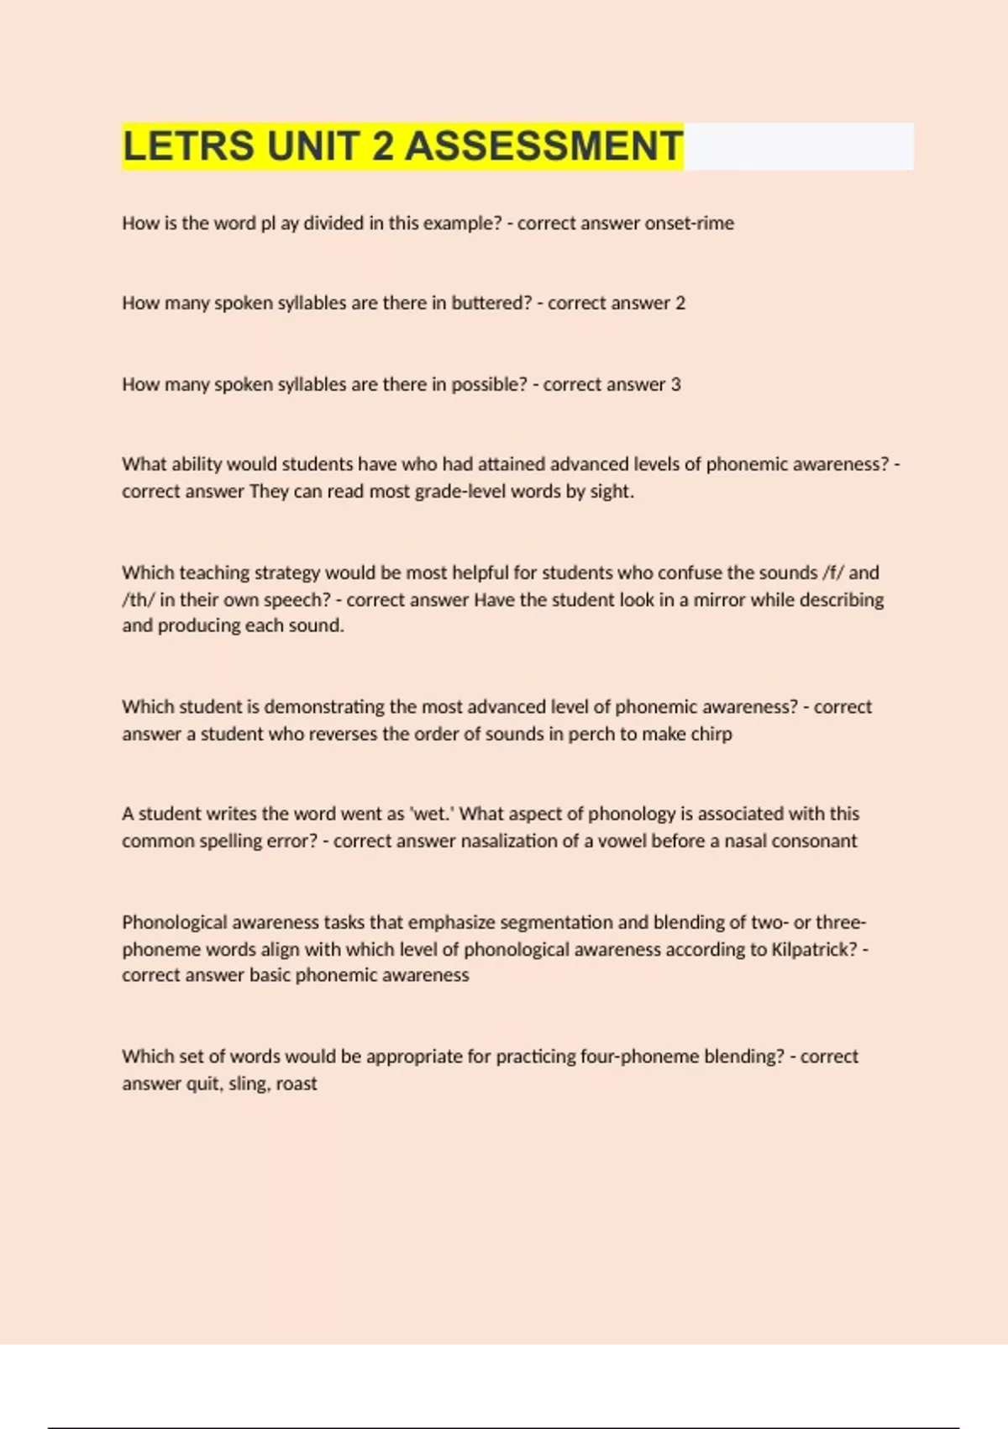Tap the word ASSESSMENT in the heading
(x=543, y=146)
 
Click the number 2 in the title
(x=382, y=146)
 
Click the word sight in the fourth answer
(x=611, y=491)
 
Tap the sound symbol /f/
(x=833, y=572)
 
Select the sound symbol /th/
(x=139, y=599)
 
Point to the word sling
(x=248, y=1084)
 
